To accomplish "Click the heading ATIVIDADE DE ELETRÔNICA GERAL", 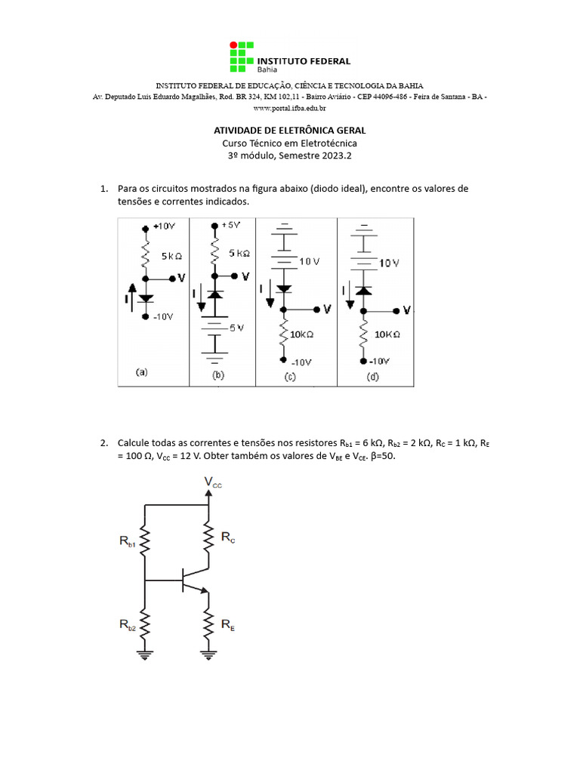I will click(x=290, y=131).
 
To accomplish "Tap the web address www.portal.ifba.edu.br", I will click(x=289, y=109).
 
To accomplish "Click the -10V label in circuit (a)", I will click(x=162, y=317).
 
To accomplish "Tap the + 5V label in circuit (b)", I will click(x=232, y=226).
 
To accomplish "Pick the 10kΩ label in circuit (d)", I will click(x=387, y=334).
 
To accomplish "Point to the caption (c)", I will click(x=290, y=377).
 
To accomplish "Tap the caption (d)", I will click(x=372, y=377).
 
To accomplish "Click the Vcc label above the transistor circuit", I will click(x=213, y=482).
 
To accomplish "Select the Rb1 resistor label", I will click(x=126, y=541).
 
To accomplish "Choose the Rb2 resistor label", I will click(x=126, y=624).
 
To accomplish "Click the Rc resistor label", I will click(x=228, y=537).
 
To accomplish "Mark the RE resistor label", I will click(x=227, y=625).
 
